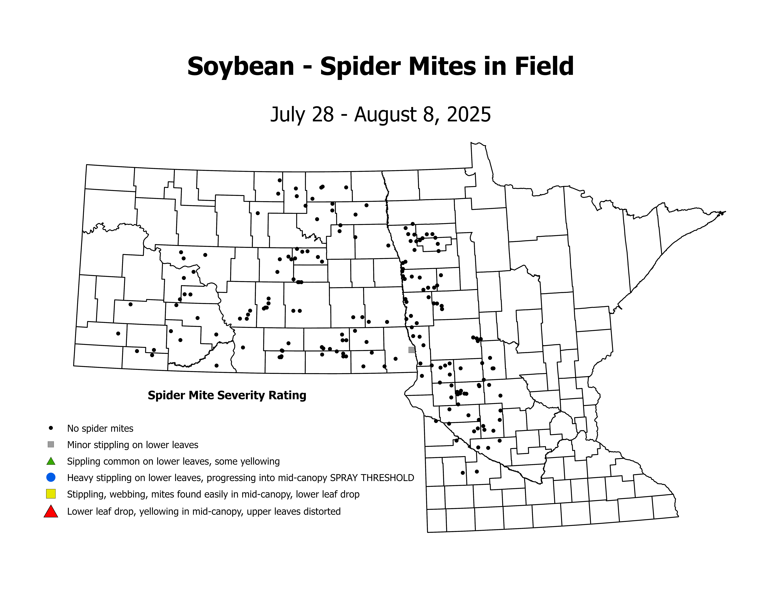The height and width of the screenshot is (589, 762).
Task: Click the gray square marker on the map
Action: click(x=412, y=350)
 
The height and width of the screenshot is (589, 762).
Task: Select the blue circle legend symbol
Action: click(x=51, y=477)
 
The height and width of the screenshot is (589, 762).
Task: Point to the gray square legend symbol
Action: click(x=51, y=444)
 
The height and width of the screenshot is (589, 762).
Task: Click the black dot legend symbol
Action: click(x=51, y=428)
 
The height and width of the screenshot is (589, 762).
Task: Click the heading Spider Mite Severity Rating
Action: click(x=227, y=395)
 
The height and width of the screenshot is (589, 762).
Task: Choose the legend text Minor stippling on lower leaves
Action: click(x=133, y=445)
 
